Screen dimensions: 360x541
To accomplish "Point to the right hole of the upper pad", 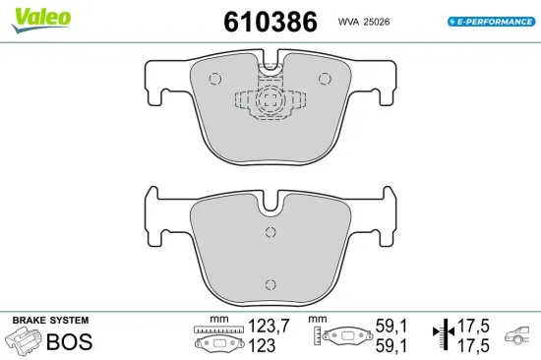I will [x=325, y=80].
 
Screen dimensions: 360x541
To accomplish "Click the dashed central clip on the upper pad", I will [x=271, y=101].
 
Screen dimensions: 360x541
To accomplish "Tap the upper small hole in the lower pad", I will [x=270, y=232].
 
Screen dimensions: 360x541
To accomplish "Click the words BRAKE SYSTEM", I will [x=50, y=321].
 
